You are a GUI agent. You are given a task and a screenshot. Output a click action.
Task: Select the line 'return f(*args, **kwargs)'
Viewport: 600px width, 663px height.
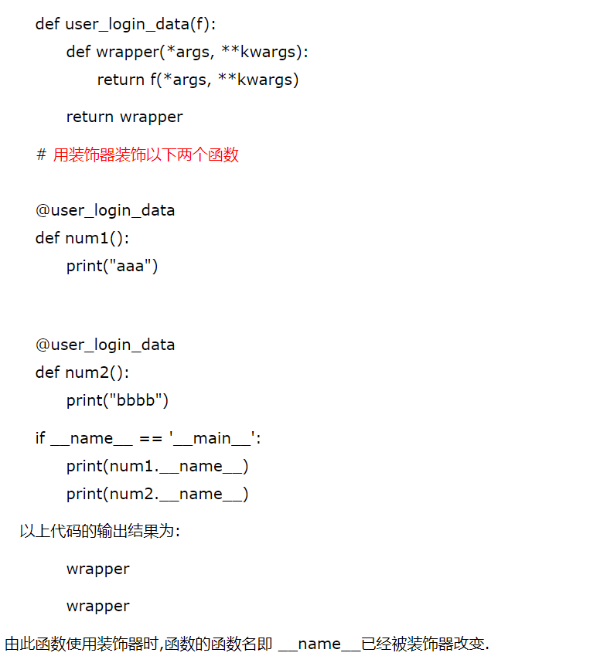pyautogui.click(x=197, y=80)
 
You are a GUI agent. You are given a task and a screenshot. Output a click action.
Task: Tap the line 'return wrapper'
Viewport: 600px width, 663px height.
pyautogui.click(x=124, y=117)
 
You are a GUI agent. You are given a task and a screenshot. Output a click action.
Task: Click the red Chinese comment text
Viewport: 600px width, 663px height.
pyautogui.click(x=145, y=155)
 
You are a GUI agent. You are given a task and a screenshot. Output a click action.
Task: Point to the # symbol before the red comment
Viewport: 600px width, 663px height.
pyautogui.click(x=41, y=155)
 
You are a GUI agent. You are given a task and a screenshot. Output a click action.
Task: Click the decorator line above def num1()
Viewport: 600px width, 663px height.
pyautogui.click(x=105, y=210)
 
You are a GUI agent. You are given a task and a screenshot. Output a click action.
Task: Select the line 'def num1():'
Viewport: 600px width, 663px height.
pyautogui.click(x=82, y=237)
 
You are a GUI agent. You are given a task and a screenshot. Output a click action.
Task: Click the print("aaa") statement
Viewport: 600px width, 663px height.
pyautogui.click(x=112, y=266)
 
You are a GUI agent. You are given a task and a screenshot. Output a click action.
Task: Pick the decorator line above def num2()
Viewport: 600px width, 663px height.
pyautogui.click(x=105, y=345)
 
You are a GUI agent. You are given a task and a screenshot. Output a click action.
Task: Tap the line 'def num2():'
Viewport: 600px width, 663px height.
pyautogui.click(x=82, y=372)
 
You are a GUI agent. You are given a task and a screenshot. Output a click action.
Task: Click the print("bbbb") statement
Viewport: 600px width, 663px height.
pyautogui.click(x=117, y=400)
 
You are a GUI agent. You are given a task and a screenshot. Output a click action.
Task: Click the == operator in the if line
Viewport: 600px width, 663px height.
pyautogui.click(x=150, y=438)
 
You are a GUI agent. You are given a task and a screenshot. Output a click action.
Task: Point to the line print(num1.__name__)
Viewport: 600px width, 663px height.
pyautogui.click(x=157, y=466)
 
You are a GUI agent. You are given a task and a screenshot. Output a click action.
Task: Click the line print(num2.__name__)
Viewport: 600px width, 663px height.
pyautogui.click(x=157, y=494)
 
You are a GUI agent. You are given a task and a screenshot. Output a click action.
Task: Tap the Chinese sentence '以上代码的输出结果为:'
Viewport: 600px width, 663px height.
pyautogui.click(x=100, y=532)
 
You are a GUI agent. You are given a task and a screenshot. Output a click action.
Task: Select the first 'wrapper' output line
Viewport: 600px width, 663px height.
pyautogui.click(x=97, y=569)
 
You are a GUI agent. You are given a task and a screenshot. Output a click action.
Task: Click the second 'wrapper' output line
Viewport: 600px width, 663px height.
pyautogui.click(x=97, y=606)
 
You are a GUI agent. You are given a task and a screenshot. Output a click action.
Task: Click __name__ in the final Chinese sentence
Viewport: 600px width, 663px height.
pyautogui.click(x=319, y=644)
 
